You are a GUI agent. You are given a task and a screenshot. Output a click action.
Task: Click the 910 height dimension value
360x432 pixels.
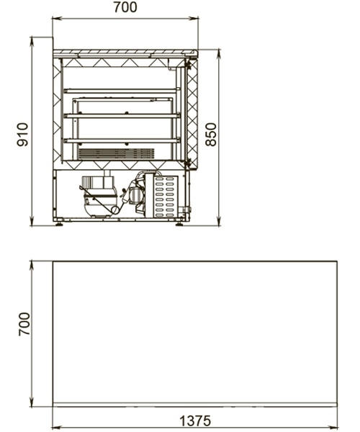[22, 135]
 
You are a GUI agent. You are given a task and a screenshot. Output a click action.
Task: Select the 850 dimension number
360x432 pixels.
[211, 135]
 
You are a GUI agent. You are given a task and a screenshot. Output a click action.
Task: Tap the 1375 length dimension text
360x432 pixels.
[195, 420]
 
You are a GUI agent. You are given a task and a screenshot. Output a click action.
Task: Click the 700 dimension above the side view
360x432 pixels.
[125, 7]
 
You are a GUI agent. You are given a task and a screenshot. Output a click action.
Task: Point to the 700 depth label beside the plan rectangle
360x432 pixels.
[24, 324]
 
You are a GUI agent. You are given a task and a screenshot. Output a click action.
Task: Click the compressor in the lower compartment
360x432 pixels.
[99, 196]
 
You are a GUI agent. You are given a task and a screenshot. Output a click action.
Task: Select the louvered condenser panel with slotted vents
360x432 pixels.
[165, 195]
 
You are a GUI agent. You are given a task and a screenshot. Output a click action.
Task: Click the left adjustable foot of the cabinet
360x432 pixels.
[59, 224]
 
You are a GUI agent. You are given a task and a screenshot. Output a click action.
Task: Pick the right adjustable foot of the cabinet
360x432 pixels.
[179, 224]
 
